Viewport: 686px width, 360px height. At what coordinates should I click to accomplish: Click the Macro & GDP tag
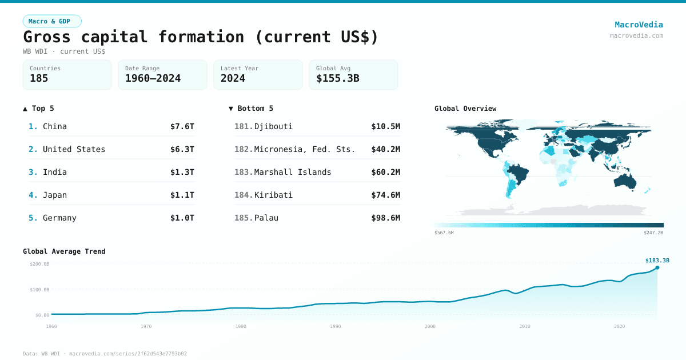pos(52,21)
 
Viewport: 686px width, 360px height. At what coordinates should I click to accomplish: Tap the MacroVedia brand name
pos(639,25)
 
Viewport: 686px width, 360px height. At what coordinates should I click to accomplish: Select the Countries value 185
pos(39,79)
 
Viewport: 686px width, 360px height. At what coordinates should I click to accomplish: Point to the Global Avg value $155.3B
pos(337,79)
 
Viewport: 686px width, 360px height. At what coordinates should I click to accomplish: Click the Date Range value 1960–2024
pos(153,79)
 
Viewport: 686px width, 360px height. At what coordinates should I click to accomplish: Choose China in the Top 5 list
pos(55,126)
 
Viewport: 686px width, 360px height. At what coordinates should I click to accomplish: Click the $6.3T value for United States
pos(182,149)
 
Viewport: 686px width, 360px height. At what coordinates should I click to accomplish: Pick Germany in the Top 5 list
pos(59,218)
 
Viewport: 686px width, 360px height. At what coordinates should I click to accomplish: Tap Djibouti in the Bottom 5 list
pos(273,126)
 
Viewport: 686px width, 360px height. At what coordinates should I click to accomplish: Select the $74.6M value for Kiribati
pos(385,195)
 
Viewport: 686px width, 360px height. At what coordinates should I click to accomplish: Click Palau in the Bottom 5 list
pos(266,218)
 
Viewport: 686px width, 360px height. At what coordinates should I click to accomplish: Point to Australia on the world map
pos(625,180)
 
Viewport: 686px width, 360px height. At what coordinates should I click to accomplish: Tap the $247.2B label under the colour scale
pos(653,233)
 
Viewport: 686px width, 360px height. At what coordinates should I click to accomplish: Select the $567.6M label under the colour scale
pos(444,233)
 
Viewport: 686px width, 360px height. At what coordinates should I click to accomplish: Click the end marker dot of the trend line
pos(657,267)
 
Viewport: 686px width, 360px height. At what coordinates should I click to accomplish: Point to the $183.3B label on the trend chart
pos(657,261)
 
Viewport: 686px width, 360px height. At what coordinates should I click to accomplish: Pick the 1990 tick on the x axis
pos(336,326)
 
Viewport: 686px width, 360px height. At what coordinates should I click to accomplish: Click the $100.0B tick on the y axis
pos(39,290)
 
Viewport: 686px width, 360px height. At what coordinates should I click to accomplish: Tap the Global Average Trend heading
pos(64,251)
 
